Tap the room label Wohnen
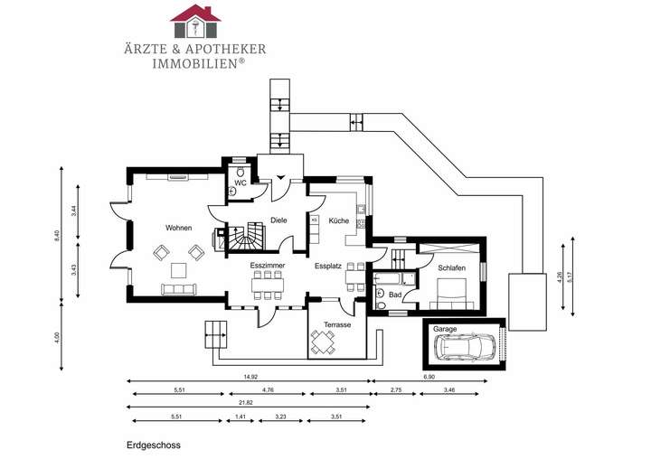(177, 227)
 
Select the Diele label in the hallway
(278, 220)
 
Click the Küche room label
(338, 220)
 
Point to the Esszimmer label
(268, 267)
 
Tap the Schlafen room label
(452, 268)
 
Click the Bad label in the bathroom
(394, 294)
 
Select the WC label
(240, 183)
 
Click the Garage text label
(444, 330)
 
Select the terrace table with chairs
(324, 342)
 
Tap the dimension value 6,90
(429, 377)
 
